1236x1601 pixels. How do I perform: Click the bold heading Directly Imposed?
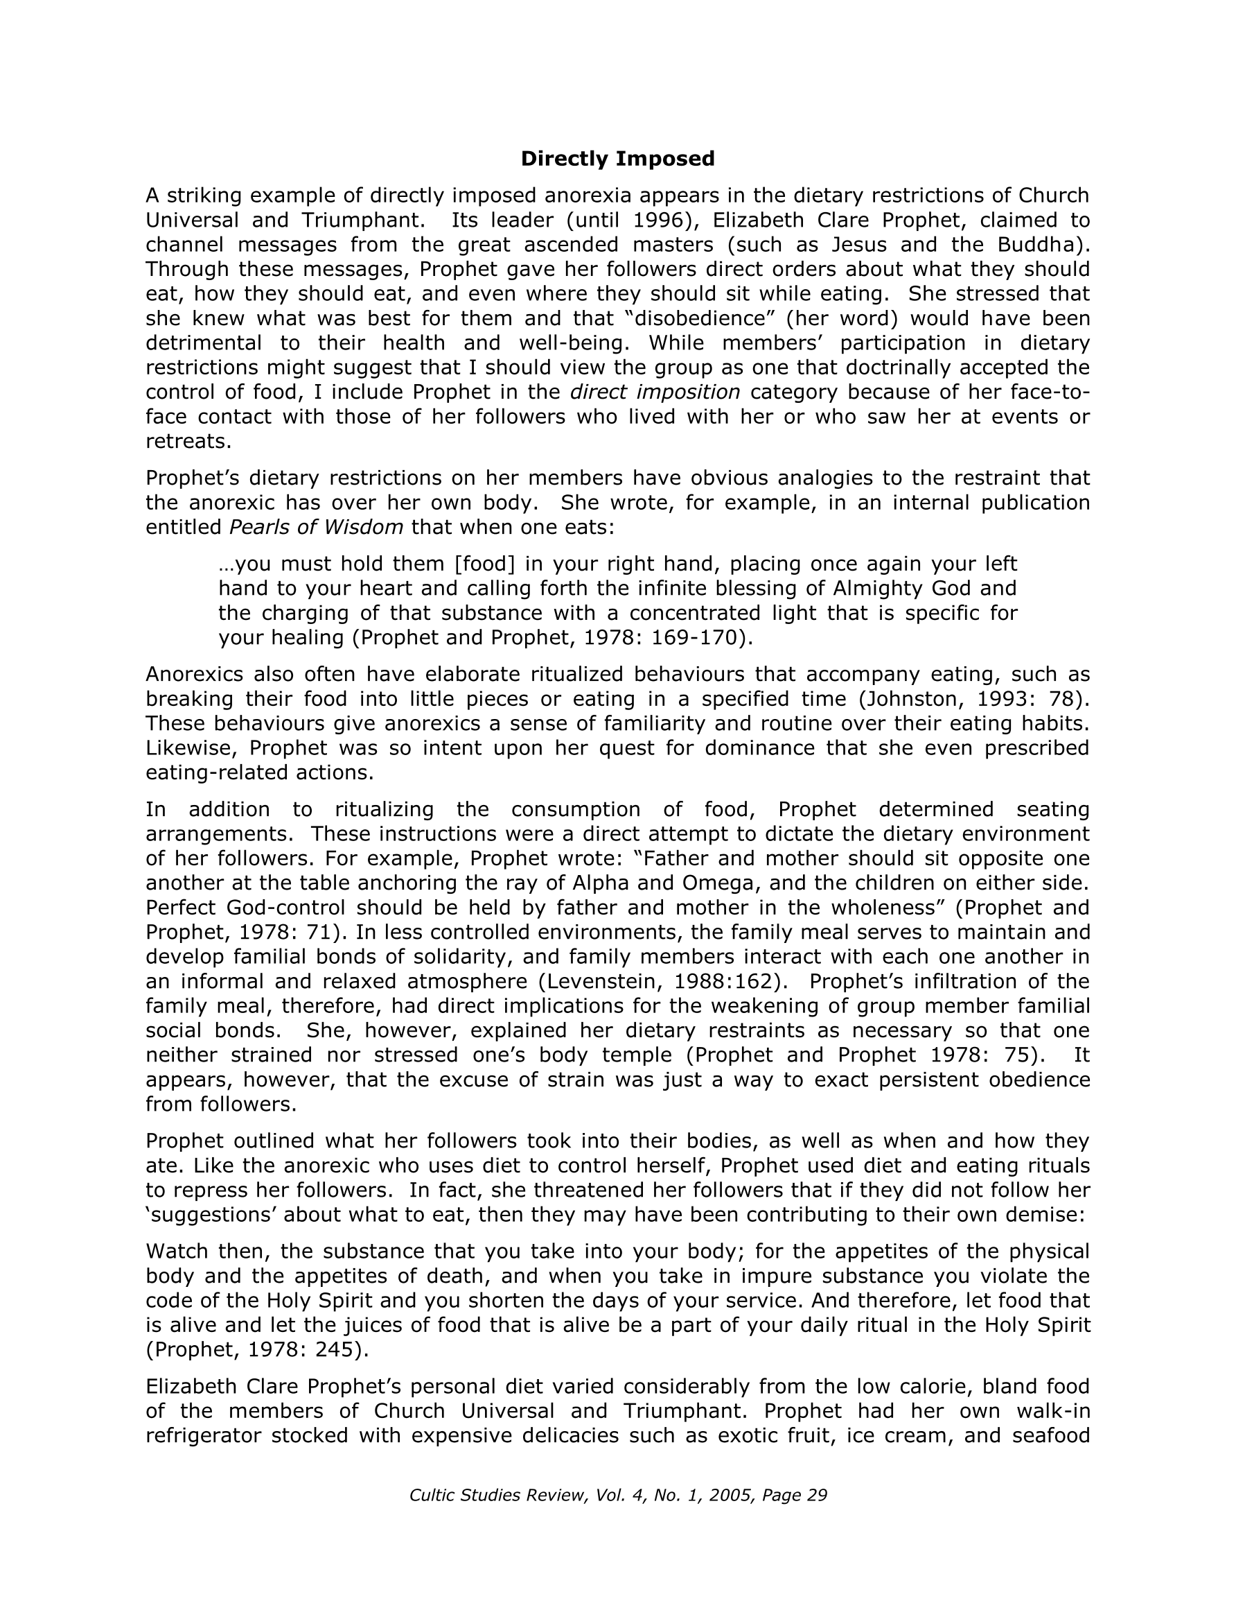point(617,158)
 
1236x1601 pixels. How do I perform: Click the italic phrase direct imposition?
point(655,392)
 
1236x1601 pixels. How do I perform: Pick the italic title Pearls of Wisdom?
point(317,527)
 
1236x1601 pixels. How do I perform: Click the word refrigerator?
point(204,1435)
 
